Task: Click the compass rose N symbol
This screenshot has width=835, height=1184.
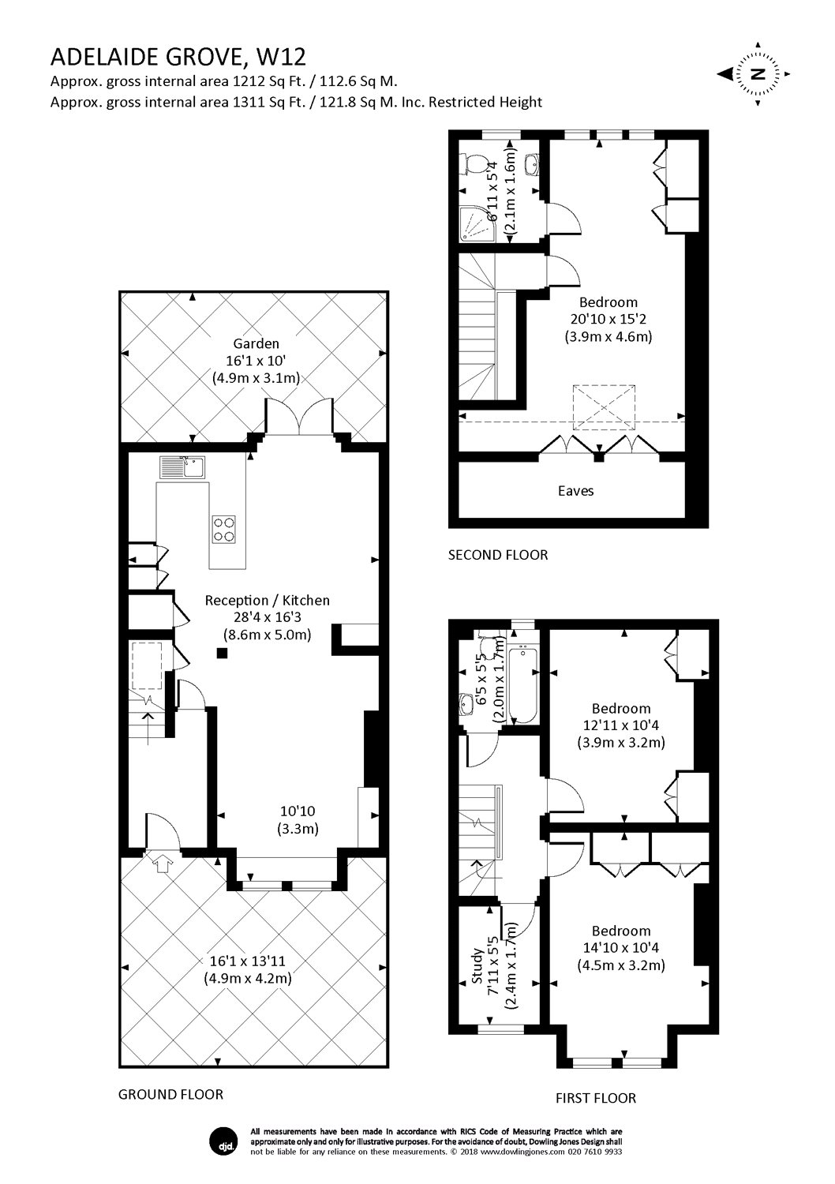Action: tap(758, 74)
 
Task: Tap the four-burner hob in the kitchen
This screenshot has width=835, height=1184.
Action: tap(223, 529)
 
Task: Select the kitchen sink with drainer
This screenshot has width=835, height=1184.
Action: tap(182, 468)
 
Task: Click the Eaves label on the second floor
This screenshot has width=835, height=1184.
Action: tap(575, 491)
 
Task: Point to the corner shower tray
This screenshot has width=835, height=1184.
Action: tap(477, 224)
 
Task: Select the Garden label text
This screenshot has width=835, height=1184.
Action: tap(256, 343)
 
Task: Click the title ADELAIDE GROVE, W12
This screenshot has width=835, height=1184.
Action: tap(178, 57)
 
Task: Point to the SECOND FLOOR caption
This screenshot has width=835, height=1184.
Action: tap(498, 555)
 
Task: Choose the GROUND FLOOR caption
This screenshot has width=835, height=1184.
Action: tap(170, 1094)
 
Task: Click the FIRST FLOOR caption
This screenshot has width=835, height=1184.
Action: tap(596, 1099)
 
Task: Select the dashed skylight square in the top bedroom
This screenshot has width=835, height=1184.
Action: tap(604, 407)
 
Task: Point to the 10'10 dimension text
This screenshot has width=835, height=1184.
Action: tap(298, 811)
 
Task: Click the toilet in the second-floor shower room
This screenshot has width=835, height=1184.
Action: tap(468, 164)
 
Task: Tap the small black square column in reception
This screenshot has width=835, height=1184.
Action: tap(222, 653)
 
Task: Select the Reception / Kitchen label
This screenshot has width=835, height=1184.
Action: tap(267, 601)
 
